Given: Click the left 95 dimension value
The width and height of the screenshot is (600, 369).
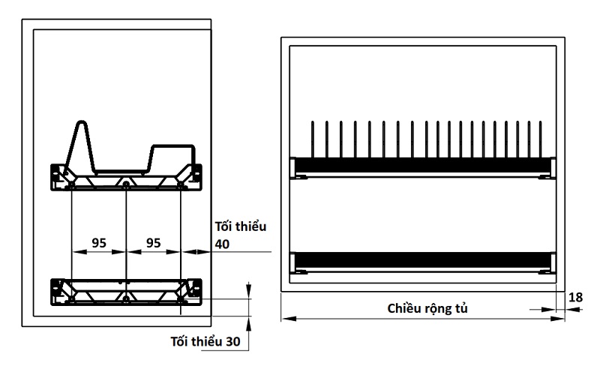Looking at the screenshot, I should click(x=98, y=243).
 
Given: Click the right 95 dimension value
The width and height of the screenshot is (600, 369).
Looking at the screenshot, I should click(x=153, y=243).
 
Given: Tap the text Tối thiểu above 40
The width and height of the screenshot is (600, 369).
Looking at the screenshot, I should click(x=241, y=226).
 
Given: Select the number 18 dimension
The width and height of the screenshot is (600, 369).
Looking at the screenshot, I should click(x=575, y=298).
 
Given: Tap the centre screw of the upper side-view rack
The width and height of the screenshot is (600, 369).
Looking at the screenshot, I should click(x=126, y=182).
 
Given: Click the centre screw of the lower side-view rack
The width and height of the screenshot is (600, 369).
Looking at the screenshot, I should click(x=126, y=298).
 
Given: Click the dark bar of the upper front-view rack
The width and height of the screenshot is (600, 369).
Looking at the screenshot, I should click(x=424, y=165).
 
